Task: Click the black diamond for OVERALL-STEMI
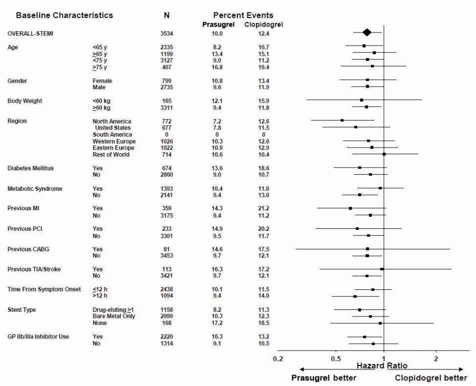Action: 367,33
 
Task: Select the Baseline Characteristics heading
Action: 65,16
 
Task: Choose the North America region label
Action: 112,121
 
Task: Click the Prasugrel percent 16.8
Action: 217,67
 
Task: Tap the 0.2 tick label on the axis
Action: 278,358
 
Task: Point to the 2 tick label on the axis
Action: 436,358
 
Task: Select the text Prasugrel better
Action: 324,378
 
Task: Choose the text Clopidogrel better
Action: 431,378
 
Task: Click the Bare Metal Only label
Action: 114,316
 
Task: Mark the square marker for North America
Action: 342,120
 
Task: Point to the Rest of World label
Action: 111,155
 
